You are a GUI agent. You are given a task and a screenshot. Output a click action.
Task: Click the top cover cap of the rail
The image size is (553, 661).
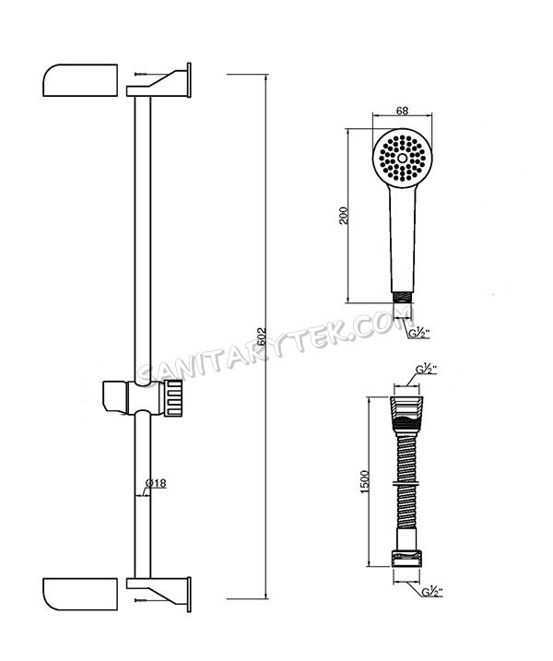81,80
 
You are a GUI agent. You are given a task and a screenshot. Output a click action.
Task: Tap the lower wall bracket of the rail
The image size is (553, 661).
161,588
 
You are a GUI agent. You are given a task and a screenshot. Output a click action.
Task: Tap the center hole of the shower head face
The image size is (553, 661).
403,159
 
